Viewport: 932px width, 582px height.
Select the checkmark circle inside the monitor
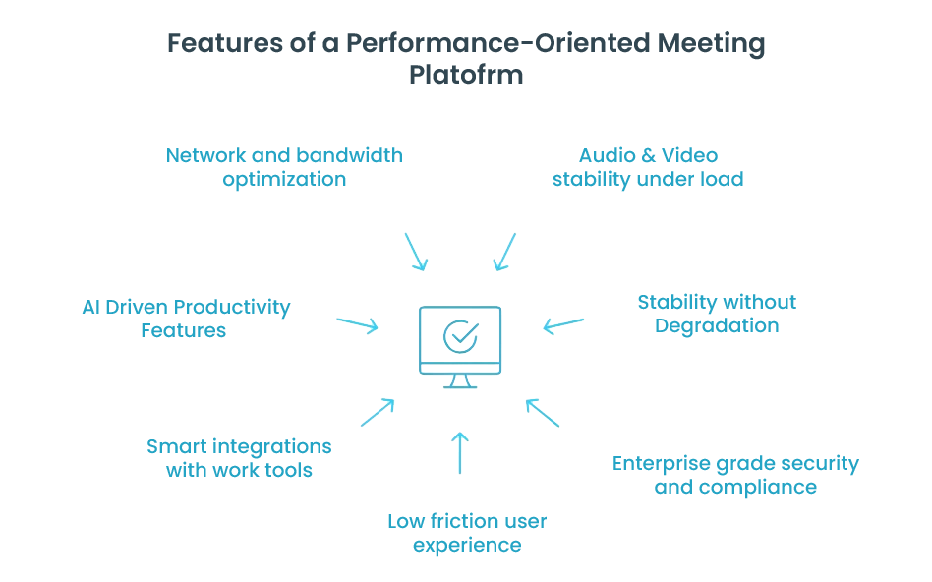click(460, 335)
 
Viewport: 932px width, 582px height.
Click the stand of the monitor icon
click(460, 380)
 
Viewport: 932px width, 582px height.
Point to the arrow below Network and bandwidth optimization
click(416, 252)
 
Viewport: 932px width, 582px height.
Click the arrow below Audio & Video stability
click(504, 252)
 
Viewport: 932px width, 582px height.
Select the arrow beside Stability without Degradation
click(563, 324)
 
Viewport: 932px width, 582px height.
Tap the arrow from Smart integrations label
click(377, 412)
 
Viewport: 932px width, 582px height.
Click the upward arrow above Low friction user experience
click(460, 452)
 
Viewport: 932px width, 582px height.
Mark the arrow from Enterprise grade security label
click(543, 412)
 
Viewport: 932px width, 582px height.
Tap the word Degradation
click(717, 326)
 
